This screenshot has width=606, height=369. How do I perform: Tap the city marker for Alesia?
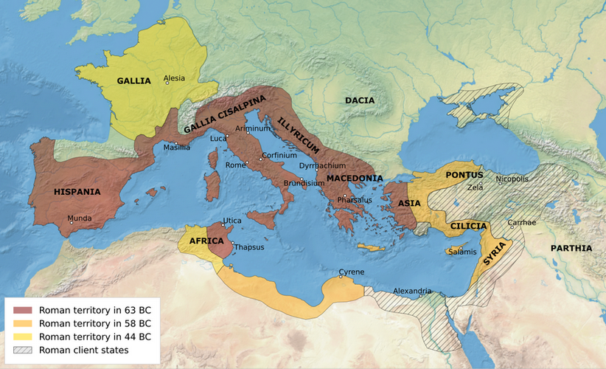click(x=167, y=83)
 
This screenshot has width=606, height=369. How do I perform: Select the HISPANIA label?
click(x=77, y=192)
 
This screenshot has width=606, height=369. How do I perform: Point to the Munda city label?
click(x=80, y=218)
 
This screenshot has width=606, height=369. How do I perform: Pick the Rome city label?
click(x=235, y=165)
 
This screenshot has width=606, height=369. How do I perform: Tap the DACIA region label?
click(x=360, y=100)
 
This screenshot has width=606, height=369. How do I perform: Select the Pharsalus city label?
click(x=355, y=200)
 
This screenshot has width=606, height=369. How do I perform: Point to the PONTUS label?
click(x=464, y=176)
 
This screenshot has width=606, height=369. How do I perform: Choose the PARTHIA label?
click(x=571, y=248)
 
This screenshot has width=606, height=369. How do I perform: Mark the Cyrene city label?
click(x=351, y=272)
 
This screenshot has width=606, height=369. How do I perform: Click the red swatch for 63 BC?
click(x=23, y=310)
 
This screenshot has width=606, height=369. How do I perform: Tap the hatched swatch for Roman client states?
click(x=23, y=350)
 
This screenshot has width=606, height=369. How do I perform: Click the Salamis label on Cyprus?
click(x=461, y=252)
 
